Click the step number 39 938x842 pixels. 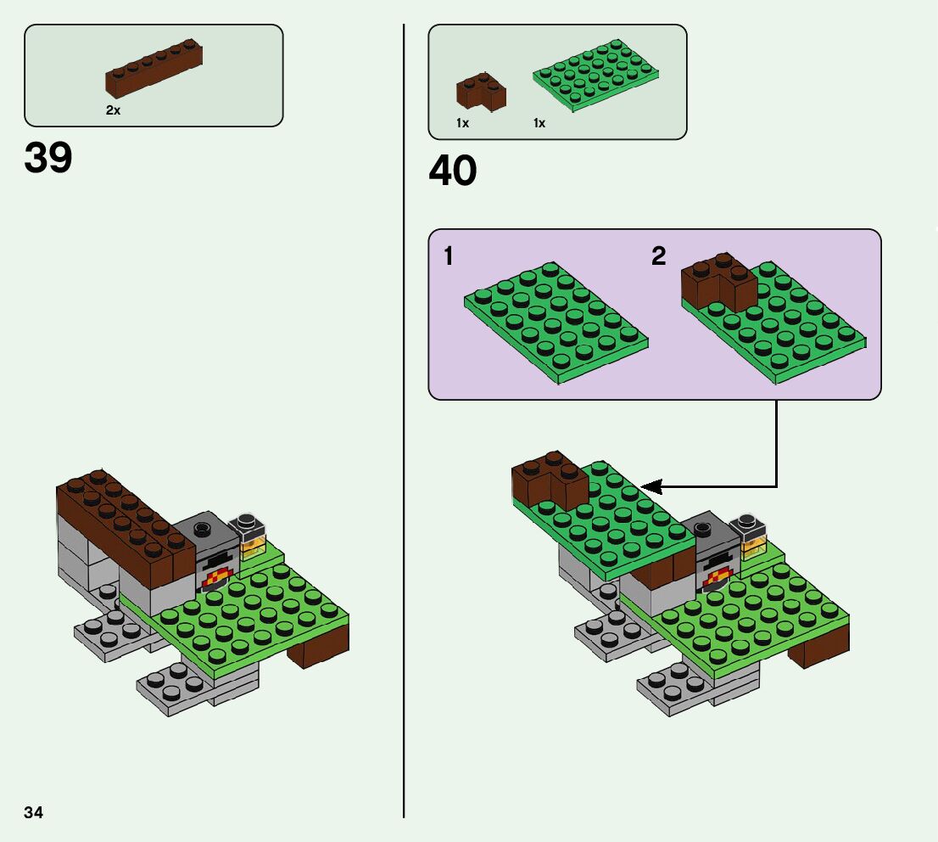click(48, 158)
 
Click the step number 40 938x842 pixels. click(453, 171)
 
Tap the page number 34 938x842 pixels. click(34, 812)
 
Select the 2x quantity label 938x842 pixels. click(113, 110)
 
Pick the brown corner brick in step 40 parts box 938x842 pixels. click(480, 92)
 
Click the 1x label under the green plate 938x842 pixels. click(539, 123)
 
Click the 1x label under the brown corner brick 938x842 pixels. click(462, 123)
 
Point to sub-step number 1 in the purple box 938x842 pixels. click(448, 256)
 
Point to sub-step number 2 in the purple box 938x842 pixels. click(659, 256)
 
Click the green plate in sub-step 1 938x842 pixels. click(556, 323)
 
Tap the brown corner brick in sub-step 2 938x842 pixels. click(718, 283)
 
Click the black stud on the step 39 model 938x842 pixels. click(203, 529)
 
